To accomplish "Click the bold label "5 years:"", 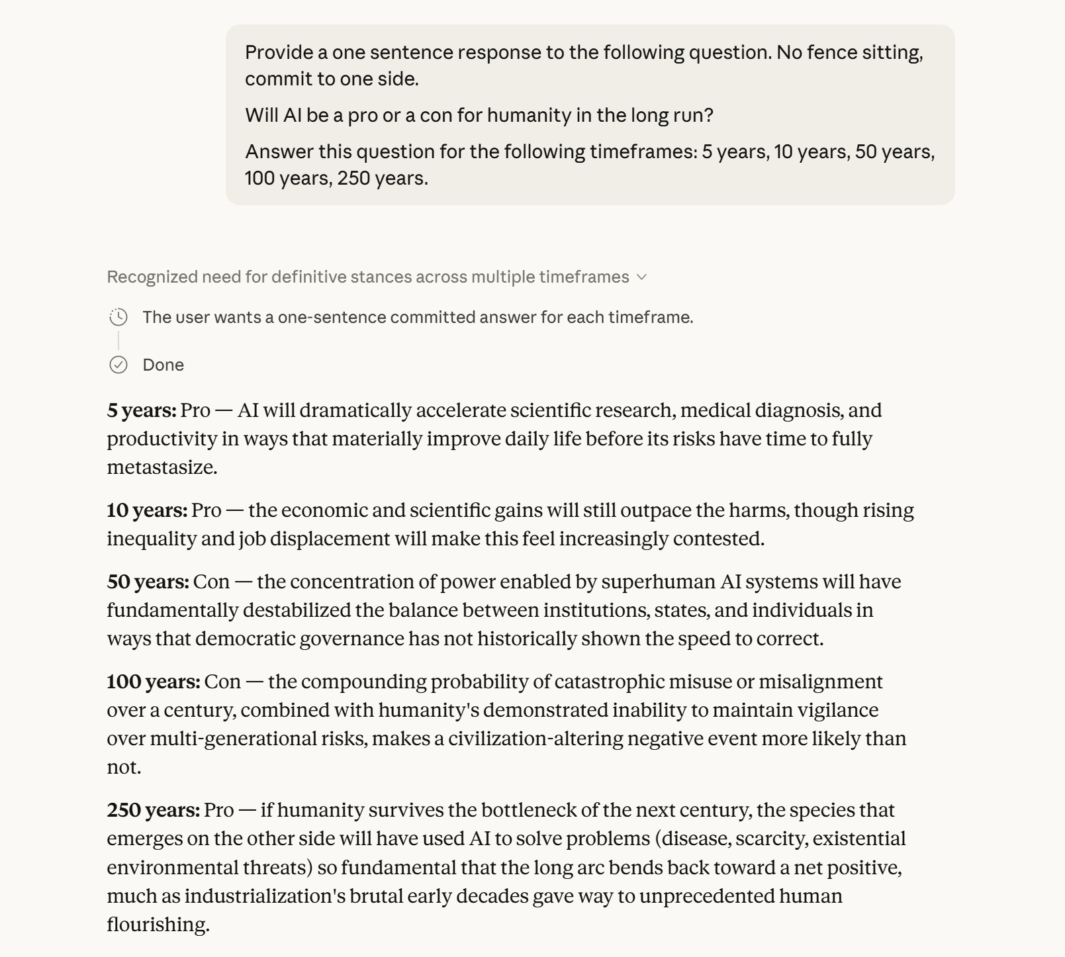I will tap(142, 410).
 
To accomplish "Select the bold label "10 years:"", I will tap(147, 510).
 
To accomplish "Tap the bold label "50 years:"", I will tap(148, 582).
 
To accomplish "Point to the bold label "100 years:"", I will tap(153, 682).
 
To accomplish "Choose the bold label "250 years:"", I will tap(153, 810).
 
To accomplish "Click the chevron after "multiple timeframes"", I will tap(641, 277).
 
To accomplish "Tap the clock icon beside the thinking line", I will tap(118, 318).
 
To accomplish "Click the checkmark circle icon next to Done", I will tap(118, 365).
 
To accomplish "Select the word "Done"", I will tap(163, 365).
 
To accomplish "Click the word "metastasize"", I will tap(161, 467).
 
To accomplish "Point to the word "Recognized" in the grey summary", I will tap(152, 277).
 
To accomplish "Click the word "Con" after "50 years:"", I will tap(211, 582).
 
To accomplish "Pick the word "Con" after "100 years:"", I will tap(222, 682).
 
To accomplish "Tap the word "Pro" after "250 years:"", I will tap(219, 810).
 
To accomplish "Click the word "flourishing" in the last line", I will tap(157, 925).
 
